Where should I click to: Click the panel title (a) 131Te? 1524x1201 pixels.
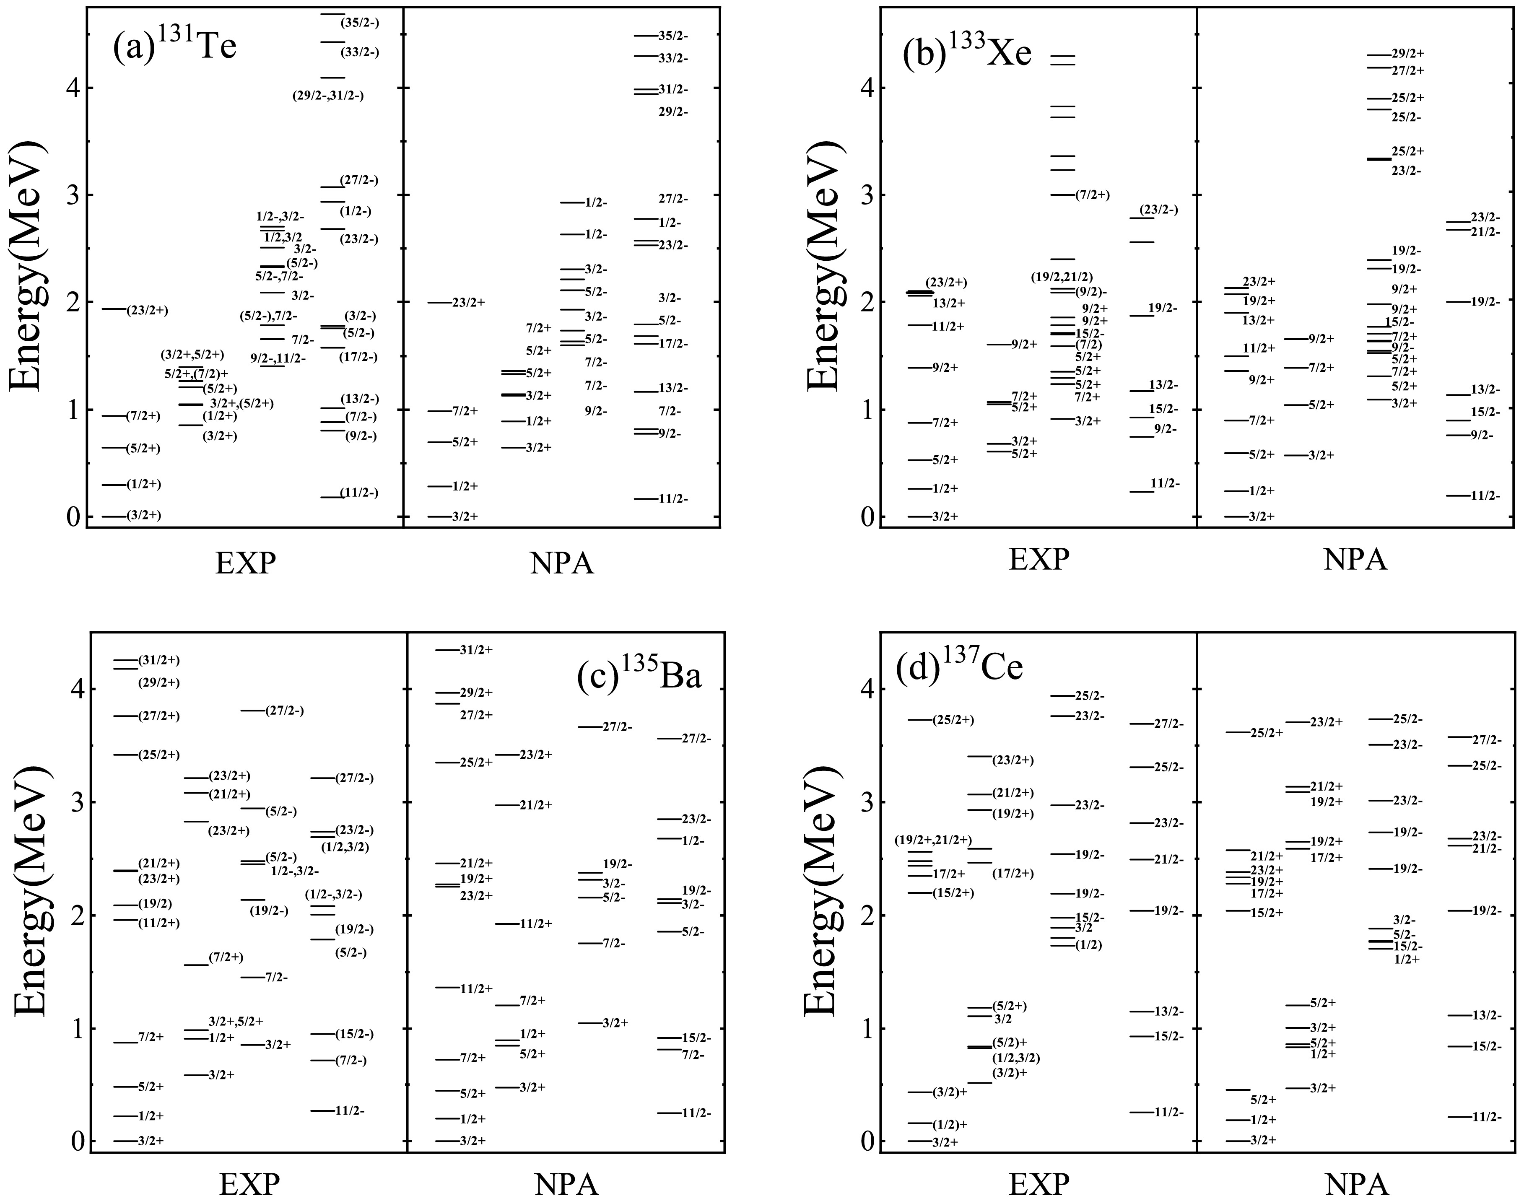[174, 47]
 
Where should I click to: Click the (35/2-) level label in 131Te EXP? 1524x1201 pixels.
[360, 23]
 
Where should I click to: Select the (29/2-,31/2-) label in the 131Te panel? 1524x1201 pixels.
[328, 96]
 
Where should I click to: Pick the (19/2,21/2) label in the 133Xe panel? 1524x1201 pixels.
[1062, 277]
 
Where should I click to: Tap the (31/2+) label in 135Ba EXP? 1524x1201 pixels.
[159, 660]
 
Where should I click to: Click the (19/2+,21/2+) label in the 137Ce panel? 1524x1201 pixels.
[933, 840]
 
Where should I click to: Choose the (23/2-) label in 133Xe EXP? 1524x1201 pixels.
[1158, 210]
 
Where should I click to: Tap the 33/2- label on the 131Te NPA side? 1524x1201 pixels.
[673, 58]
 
